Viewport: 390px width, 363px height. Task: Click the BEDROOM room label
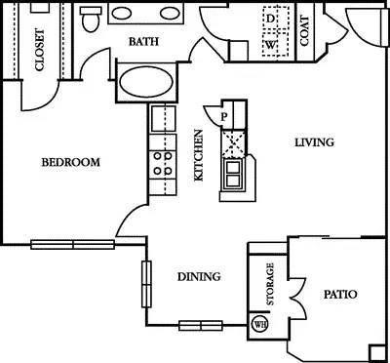click(69, 163)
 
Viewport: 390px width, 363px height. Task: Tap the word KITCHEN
click(199, 156)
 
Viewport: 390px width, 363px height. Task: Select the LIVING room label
click(314, 142)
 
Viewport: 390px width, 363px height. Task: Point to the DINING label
click(198, 277)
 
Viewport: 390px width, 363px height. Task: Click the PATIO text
click(338, 294)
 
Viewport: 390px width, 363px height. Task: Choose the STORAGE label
click(270, 284)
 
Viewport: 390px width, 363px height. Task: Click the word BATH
click(145, 43)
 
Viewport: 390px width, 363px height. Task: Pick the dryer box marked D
click(271, 19)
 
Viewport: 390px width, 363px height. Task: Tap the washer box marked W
click(271, 44)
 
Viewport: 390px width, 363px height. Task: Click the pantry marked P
click(224, 114)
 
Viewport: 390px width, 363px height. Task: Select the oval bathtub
click(146, 80)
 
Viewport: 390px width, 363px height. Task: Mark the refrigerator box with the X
click(235, 142)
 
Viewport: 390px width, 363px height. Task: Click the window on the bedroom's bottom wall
click(71, 244)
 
